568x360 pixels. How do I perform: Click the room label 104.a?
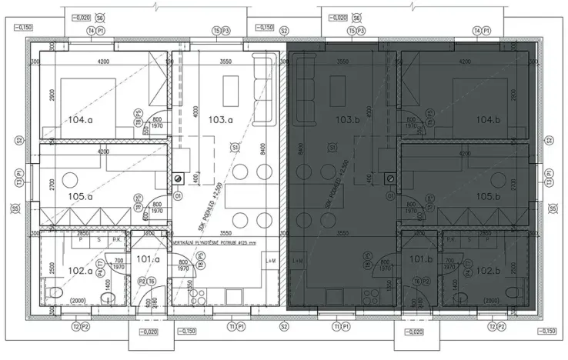point(80,120)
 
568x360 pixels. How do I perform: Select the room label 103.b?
point(348,120)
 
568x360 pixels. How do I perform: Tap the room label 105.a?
point(80,197)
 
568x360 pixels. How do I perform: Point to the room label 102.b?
point(489,271)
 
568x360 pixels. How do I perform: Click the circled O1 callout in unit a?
point(179,196)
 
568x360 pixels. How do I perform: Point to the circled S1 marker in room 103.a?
point(235,146)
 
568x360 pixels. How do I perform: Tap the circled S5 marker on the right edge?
point(551,208)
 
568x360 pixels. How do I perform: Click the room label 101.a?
point(146,259)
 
